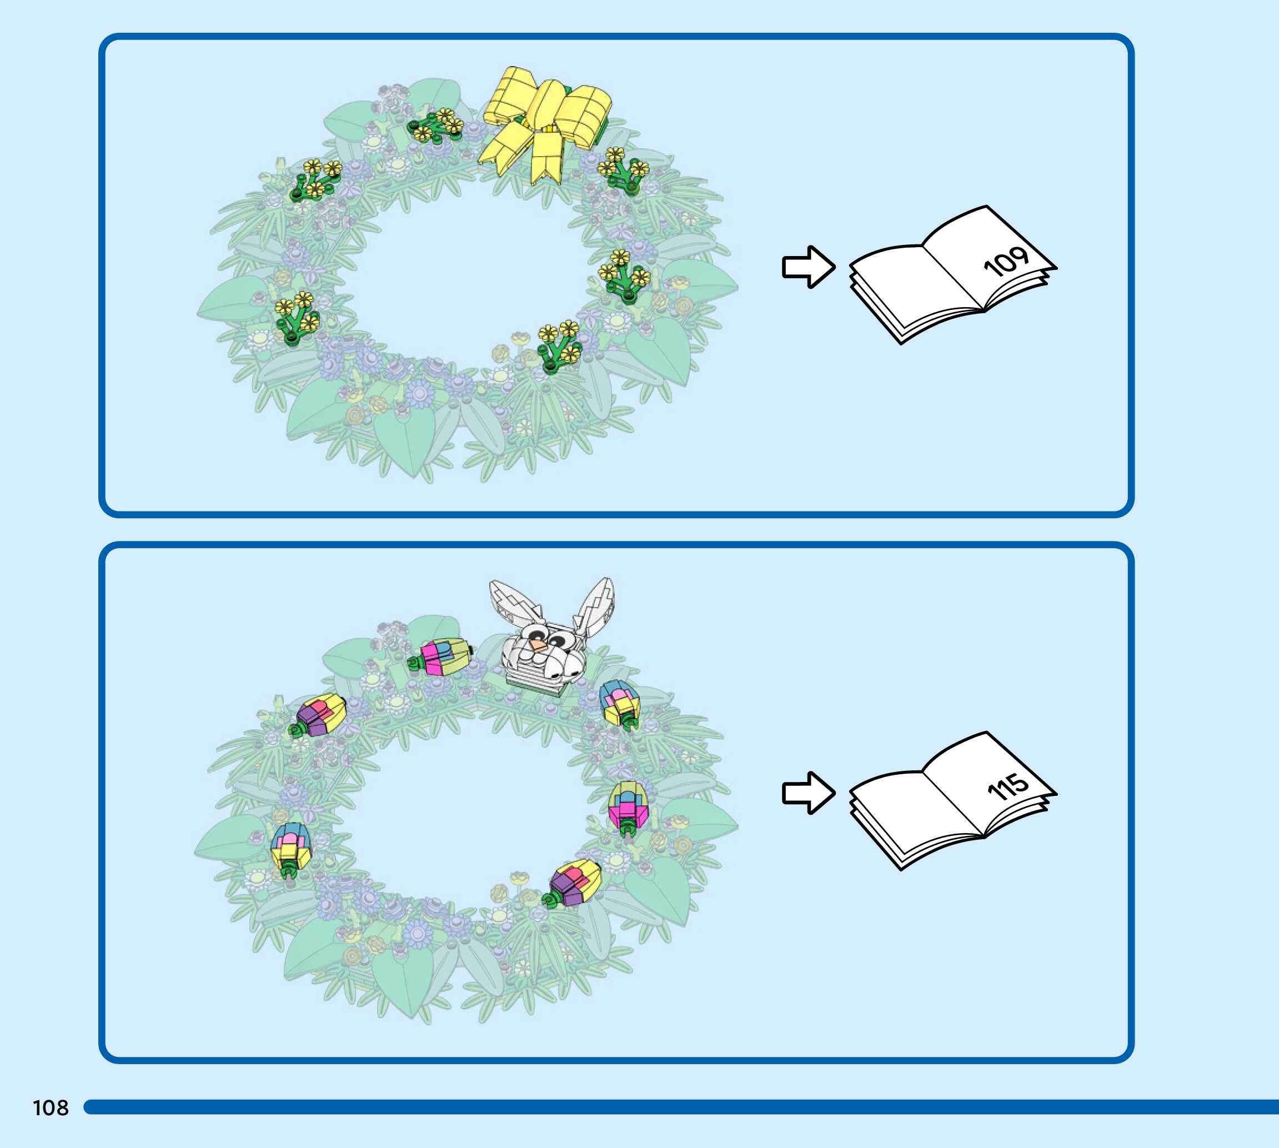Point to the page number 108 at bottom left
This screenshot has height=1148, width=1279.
coord(51,1107)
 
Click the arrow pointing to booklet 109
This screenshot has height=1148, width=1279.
coord(808,267)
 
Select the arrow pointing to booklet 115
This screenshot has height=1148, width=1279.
coord(808,793)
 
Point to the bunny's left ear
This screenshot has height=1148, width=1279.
coord(514,603)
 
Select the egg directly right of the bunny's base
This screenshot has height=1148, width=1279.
coord(620,703)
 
